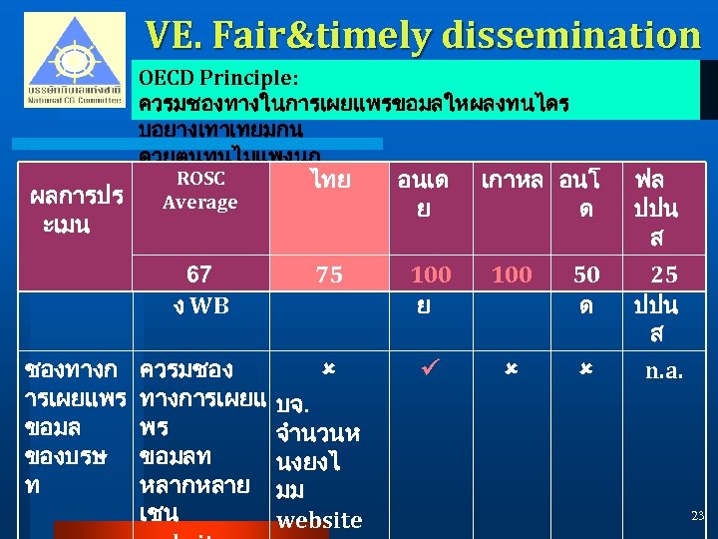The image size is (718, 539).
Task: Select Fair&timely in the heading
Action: pyautogui.click(x=328, y=35)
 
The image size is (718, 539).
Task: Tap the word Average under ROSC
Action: pyautogui.click(x=199, y=203)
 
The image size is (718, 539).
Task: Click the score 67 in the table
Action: pyautogui.click(x=198, y=274)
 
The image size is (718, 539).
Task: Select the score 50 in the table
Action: pyautogui.click(x=586, y=274)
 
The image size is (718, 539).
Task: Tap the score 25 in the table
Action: pyautogui.click(x=664, y=274)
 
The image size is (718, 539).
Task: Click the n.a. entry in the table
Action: pyautogui.click(x=664, y=372)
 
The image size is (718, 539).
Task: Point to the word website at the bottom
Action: pyautogui.click(x=319, y=520)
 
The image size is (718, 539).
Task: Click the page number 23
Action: pyautogui.click(x=697, y=515)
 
